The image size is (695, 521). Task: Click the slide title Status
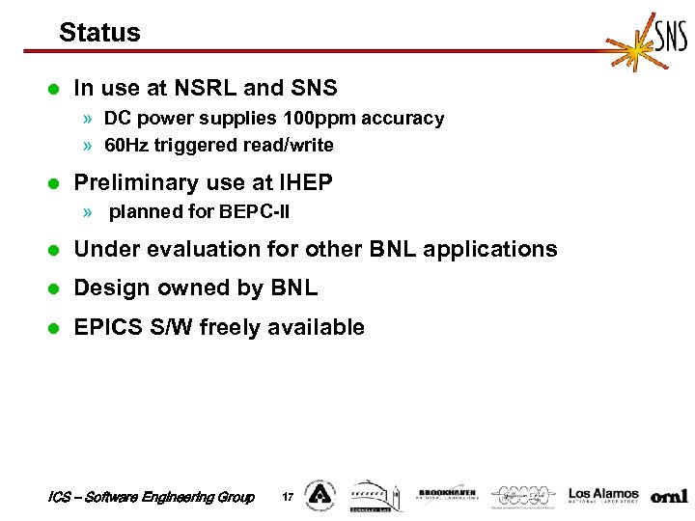pyautogui.click(x=99, y=33)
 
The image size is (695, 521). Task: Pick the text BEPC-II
pyautogui.click(x=255, y=211)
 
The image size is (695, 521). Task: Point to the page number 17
pyautogui.click(x=287, y=497)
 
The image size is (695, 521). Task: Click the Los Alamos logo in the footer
pyautogui.click(x=603, y=495)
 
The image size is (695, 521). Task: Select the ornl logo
pyautogui.click(x=669, y=497)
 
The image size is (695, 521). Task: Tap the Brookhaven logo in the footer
pyautogui.click(x=446, y=496)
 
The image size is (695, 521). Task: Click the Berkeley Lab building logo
pyautogui.click(x=373, y=495)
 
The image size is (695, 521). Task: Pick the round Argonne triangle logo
pyautogui.click(x=319, y=495)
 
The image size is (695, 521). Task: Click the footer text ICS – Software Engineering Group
pyautogui.click(x=151, y=497)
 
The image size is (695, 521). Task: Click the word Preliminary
pyautogui.click(x=135, y=182)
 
